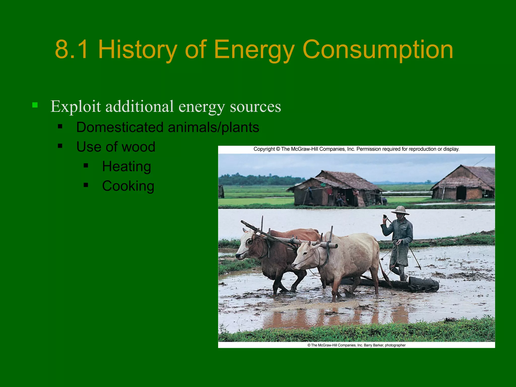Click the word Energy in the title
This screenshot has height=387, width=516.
click(x=254, y=50)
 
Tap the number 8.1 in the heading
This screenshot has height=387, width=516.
click(x=72, y=50)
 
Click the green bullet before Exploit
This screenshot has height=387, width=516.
click(x=35, y=105)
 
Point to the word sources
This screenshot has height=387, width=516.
click(x=255, y=107)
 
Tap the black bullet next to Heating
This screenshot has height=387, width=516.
click(x=86, y=166)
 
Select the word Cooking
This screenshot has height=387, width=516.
click(x=128, y=186)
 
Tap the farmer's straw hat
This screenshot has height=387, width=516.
click(x=400, y=210)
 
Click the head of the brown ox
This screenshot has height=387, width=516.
click(x=248, y=244)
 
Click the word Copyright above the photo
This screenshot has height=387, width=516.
click(x=264, y=149)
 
